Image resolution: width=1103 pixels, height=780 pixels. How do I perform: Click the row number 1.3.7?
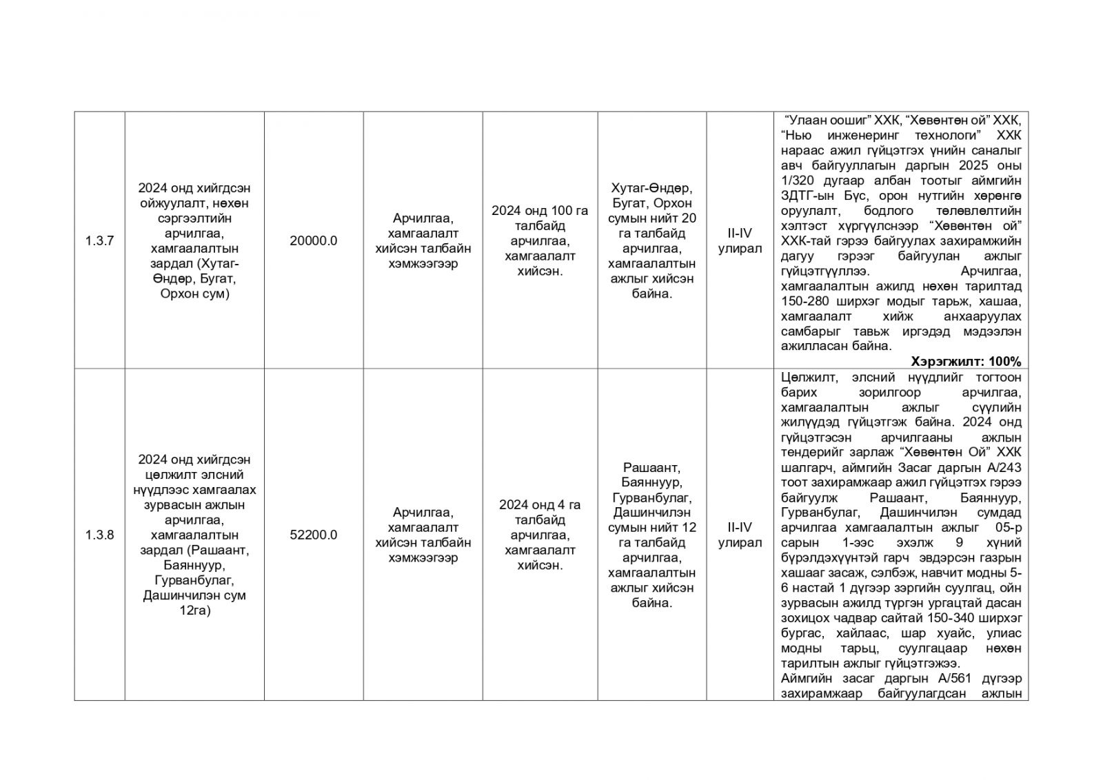click(99, 240)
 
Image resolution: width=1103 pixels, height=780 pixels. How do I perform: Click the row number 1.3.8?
click(99, 535)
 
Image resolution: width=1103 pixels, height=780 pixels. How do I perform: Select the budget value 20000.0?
click(314, 240)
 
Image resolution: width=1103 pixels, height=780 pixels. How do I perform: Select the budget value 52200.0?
click(314, 535)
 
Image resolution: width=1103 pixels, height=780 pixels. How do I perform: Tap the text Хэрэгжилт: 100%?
click(966, 361)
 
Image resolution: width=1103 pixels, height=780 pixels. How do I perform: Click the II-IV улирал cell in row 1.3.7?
click(740, 240)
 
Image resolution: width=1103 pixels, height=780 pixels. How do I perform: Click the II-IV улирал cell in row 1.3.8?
click(740, 535)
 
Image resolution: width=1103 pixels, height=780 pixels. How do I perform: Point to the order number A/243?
click(1004, 467)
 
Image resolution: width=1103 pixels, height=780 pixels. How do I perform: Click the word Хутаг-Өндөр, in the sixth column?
click(651, 188)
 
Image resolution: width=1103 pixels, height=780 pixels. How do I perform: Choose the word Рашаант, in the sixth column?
click(651, 467)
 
